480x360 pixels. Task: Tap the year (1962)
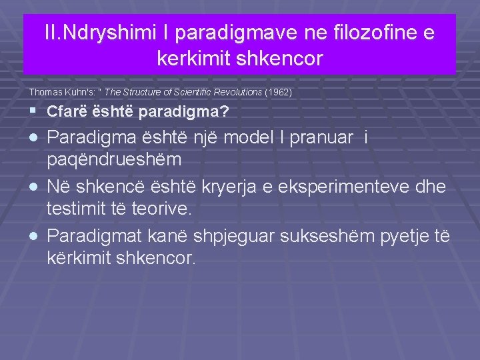pos(279,89)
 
